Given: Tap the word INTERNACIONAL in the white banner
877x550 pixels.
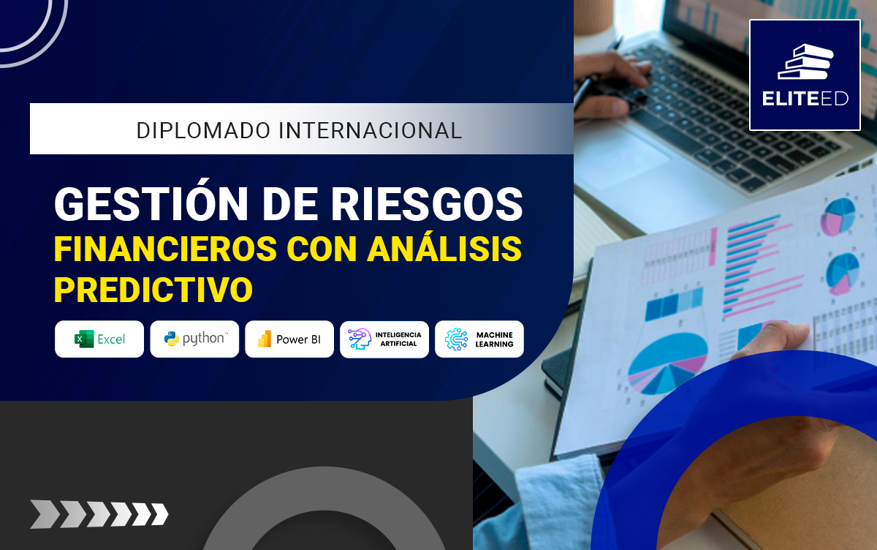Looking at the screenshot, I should coord(371,130).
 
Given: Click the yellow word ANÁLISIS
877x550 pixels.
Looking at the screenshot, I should coord(444,249).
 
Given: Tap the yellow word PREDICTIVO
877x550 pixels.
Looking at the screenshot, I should coord(153,290).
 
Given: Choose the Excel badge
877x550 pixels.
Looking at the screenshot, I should coord(99,339).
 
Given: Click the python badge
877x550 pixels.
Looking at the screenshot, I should coord(194,339).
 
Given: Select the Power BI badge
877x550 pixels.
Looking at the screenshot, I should coord(289,339).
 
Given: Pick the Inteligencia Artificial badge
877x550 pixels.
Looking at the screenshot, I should coord(384,339).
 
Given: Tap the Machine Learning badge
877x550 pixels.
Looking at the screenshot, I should coord(479,339).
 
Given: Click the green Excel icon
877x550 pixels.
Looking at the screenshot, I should coord(84,339).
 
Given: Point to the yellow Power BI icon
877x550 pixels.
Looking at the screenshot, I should coord(265,339).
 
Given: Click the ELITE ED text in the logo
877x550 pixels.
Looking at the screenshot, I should coord(805,99).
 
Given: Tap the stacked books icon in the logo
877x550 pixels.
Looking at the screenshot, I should coord(805,61).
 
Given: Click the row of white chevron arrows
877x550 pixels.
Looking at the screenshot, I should coord(99,514).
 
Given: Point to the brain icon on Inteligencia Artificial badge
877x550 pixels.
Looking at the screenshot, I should coord(359,339).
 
